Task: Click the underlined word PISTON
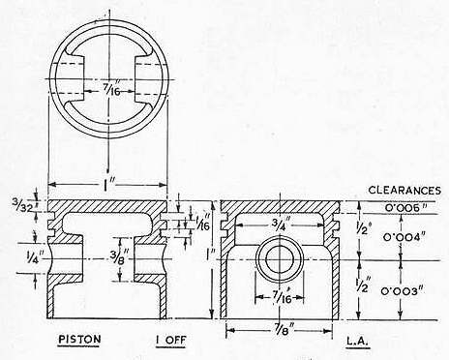click(79, 340)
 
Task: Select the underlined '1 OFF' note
click(170, 341)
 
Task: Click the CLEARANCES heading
click(404, 190)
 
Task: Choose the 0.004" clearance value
click(404, 238)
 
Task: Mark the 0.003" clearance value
click(402, 291)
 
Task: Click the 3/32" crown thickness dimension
click(22, 206)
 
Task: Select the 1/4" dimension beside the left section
click(33, 257)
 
